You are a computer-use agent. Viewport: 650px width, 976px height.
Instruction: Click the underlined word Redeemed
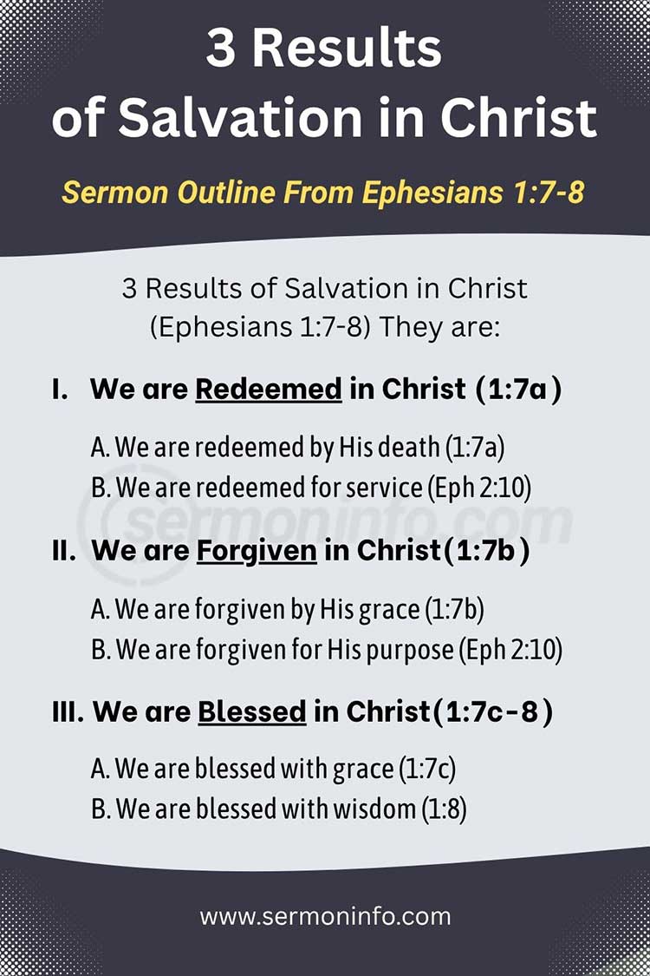pos(269,389)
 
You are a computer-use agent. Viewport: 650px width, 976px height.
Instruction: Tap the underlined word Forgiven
pos(257,550)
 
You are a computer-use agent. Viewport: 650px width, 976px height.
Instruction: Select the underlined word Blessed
pos(252,711)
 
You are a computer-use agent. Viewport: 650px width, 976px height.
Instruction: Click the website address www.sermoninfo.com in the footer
pos(325,916)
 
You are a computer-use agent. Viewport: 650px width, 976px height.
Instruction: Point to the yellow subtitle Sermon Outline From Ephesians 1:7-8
pos(323,192)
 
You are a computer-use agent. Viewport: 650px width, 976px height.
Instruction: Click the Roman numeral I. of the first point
pos(60,389)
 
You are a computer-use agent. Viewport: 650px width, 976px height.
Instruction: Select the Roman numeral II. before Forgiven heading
pos(64,550)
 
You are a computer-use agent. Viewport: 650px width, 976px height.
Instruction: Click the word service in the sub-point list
pos(382,488)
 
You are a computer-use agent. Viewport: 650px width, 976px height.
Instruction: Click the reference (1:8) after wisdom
pos(444,809)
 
